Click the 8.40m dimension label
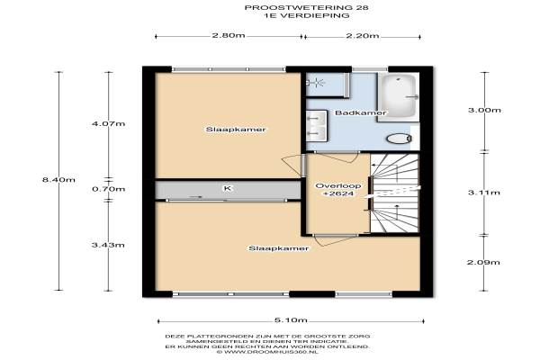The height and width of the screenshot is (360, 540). [x=58, y=179]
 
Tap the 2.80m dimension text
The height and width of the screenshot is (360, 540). [x=229, y=35]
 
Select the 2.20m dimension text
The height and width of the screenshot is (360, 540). [x=363, y=35]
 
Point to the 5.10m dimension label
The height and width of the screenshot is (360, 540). [x=291, y=320]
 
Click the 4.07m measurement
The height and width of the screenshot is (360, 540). [x=109, y=123]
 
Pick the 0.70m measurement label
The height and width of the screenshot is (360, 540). [x=109, y=189]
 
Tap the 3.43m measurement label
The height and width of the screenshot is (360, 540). [x=108, y=245]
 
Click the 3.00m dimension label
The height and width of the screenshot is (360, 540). [x=484, y=110]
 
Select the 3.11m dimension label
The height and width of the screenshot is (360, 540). [x=484, y=193]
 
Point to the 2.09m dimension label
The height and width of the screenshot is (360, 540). [x=483, y=262]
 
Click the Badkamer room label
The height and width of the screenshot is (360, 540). [x=361, y=112]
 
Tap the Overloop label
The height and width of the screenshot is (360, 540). [x=334, y=185]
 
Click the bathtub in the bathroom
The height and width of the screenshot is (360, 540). [x=399, y=97]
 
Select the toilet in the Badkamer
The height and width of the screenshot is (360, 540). [x=399, y=139]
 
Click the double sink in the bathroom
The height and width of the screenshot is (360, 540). [x=317, y=126]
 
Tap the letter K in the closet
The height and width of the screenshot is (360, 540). [x=228, y=188]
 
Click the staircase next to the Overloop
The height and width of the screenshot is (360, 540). [x=395, y=193]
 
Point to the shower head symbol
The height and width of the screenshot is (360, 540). [x=315, y=83]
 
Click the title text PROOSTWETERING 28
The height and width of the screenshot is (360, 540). [x=307, y=7]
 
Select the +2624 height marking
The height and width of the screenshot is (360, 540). [x=334, y=193]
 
